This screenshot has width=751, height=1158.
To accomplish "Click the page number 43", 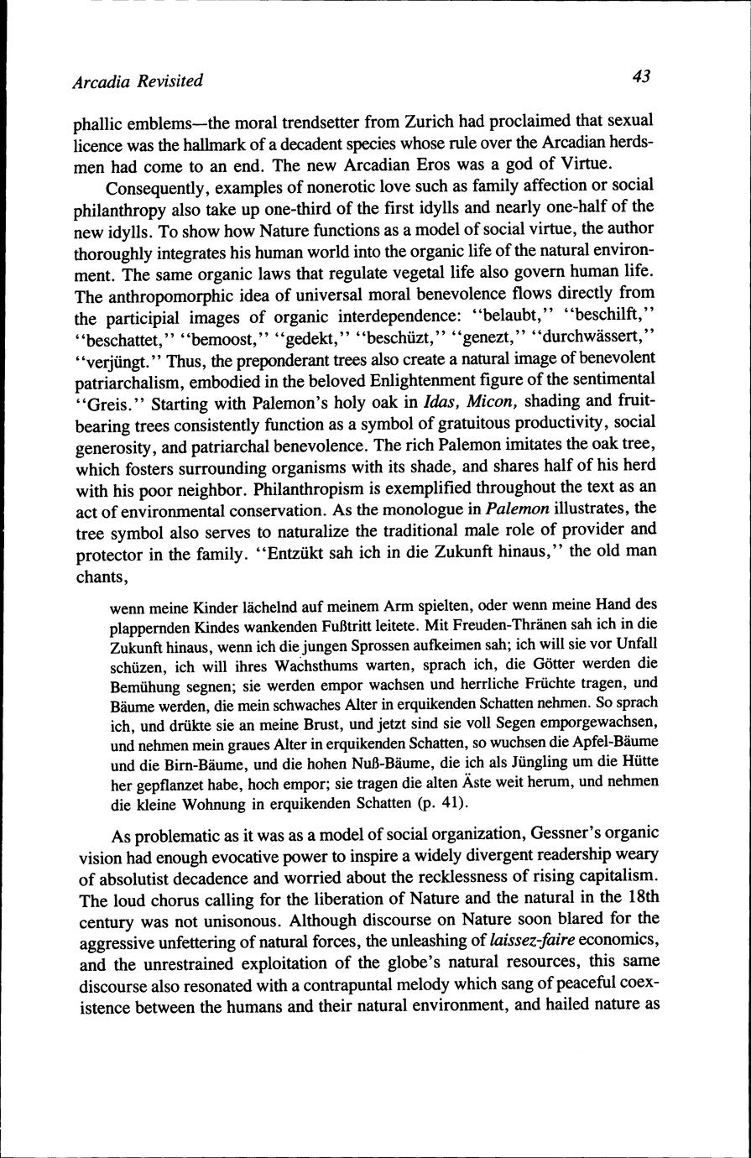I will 642,76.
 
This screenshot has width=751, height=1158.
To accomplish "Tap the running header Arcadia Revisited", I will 138,81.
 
